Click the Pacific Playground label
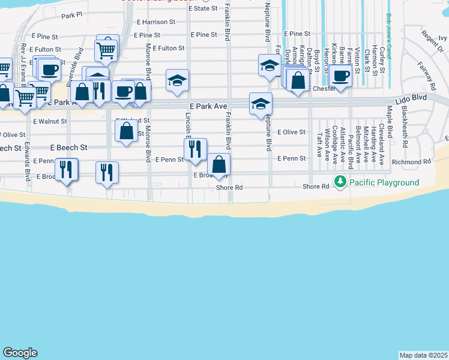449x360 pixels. (x=384, y=182)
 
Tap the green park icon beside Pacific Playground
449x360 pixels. (x=341, y=181)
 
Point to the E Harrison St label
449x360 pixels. (x=156, y=22)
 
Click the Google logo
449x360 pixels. (x=20, y=353)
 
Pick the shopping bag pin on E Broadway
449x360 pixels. (x=218, y=164)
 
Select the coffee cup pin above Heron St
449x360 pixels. (x=341, y=76)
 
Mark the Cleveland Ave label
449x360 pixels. (x=381, y=141)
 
